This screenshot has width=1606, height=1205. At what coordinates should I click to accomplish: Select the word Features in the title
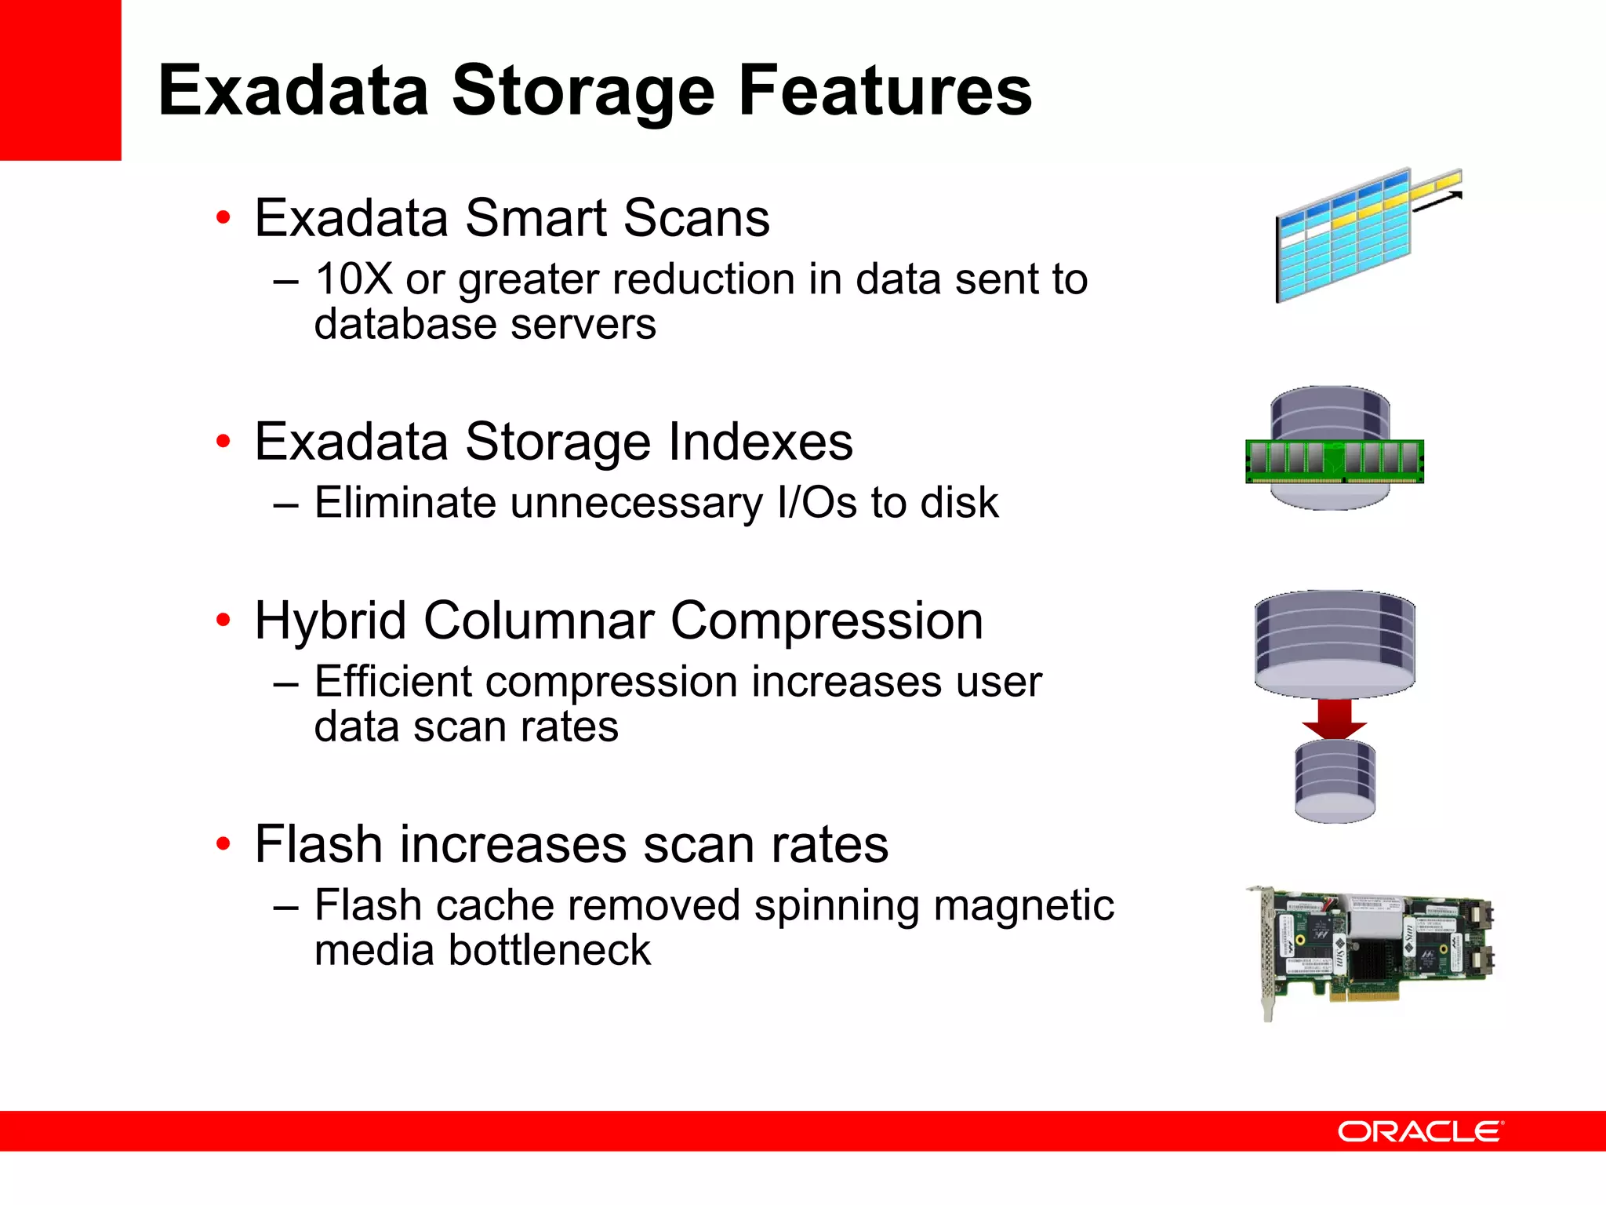[885, 91]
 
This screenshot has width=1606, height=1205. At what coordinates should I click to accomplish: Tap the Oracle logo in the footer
[1420, 1131]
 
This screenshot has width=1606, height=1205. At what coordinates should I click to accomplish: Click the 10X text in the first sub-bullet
[354, 278]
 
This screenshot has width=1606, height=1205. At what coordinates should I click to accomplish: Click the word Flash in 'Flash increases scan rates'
[318, 844]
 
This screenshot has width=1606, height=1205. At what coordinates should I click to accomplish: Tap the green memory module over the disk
[1335, 461]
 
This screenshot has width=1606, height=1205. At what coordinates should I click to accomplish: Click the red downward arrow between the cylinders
[1335, 719]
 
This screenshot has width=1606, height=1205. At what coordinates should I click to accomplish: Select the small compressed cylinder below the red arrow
[1335, 781]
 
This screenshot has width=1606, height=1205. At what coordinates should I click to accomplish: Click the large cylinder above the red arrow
[1335, 643]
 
